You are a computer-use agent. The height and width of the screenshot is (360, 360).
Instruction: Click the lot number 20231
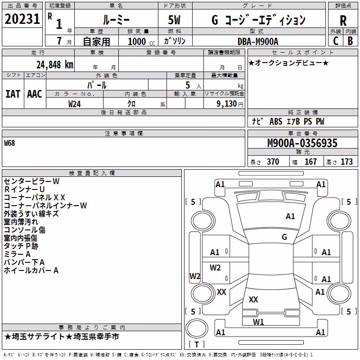(x=22, y=19)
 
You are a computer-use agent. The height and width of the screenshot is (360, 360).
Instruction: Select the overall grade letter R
(x=343, y=20)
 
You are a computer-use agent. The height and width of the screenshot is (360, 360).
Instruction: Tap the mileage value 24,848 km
(x=54, y=65)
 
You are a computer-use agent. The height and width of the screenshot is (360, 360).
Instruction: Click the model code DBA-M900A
(x=258, y=41)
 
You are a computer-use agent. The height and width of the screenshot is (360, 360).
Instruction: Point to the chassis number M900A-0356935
(x=302, y=143)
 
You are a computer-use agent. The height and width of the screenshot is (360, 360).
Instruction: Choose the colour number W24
(x=74, y=104)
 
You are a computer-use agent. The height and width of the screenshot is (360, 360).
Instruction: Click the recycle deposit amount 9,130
(x=227, y=104)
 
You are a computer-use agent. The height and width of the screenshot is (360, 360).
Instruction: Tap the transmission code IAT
(x=13, y=94)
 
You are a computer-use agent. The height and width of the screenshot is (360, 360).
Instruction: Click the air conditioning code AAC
(x=35, y=94)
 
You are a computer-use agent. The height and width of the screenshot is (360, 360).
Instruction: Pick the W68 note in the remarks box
(x=9, y=143)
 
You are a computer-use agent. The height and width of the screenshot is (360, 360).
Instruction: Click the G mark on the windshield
(x=284, y=237)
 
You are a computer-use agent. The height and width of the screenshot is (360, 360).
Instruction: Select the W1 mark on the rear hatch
(x=258, y=322)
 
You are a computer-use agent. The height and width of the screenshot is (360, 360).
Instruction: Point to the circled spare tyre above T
(x=197, y=328)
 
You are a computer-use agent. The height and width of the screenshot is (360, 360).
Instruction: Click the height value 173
(x=346, y=162)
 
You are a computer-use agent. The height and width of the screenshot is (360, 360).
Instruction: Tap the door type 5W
(x=174, y=20)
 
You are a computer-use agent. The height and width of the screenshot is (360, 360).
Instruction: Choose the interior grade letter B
(x=350, y=41)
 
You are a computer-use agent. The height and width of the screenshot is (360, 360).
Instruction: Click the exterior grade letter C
(x=336, y=41)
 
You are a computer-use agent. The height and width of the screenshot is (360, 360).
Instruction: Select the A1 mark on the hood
(x=290, y=216)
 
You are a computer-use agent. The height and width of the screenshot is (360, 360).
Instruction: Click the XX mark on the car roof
(x=253, y=299)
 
